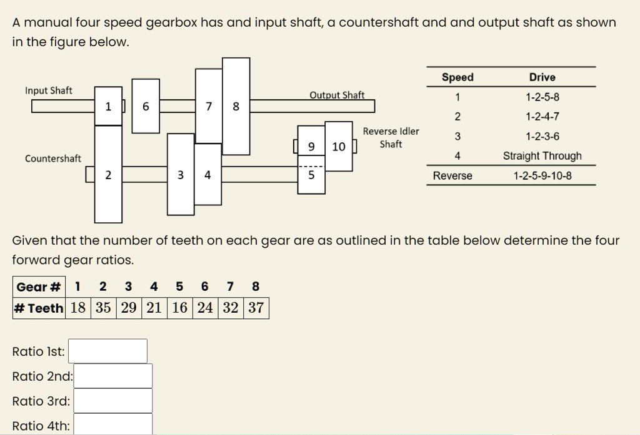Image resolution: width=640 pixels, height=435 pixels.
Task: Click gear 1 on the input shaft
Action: click(x=108, y=106)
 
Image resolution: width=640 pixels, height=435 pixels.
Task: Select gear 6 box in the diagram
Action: click(x=146, y=106)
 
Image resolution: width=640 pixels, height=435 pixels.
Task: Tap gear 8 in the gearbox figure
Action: click(x=236, y=106)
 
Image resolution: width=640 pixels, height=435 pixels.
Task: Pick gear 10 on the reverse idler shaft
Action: click(x=339, y=147)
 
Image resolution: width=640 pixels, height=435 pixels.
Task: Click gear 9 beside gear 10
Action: click(x=311, y=147)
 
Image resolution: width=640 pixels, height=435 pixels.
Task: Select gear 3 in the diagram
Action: click(x=181, y=175)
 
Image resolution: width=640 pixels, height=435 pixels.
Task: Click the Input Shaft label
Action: click(x=49, y=90)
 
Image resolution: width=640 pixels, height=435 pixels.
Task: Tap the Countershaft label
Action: click(x=52, y=159)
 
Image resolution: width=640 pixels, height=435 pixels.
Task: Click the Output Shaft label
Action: click(x=337, y=95)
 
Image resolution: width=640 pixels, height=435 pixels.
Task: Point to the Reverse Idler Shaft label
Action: click(x=391, y=138)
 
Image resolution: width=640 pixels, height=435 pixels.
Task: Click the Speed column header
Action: click(x=457, y=77)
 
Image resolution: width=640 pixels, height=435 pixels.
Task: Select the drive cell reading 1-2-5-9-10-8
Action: click(x=542, y=176)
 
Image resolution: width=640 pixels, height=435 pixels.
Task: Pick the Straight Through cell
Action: click(x=542, y=156)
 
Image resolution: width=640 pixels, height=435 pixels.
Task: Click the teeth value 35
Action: click(x=104, y=308)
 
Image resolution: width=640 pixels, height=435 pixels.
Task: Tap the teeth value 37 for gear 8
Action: click(x=256, y=308)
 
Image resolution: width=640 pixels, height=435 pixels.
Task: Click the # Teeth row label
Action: click(x=39, y=308)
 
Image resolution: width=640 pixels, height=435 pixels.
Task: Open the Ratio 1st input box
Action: click(x=107, y=351)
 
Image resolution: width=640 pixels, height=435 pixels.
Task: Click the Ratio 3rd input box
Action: click(x=112, y=401)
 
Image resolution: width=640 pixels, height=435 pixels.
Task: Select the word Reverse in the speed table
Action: click(x=452, y=176)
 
